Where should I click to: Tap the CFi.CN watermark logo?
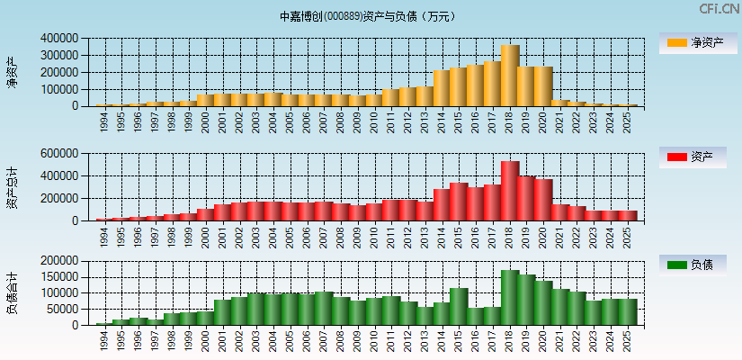coord(719,9)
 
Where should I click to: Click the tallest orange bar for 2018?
coord(510,76)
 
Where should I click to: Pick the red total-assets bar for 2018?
coord(510,191)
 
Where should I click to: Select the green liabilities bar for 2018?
coord(510,297)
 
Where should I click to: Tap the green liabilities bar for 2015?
coord(459,306)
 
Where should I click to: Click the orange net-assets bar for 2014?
coord(442,88)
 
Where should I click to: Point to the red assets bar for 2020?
coord(543,200)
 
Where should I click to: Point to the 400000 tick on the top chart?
coord(59,39)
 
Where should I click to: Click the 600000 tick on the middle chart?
coord(59,154)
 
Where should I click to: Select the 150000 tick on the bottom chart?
coord(59,277)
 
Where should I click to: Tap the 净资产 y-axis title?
coord(12,72)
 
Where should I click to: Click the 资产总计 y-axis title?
coord(12,187)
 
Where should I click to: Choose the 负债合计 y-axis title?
coord(12,292)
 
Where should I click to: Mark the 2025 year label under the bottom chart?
coord(628,339)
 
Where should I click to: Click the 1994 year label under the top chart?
coord(104,120)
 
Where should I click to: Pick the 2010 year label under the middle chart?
coord(374,235)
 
